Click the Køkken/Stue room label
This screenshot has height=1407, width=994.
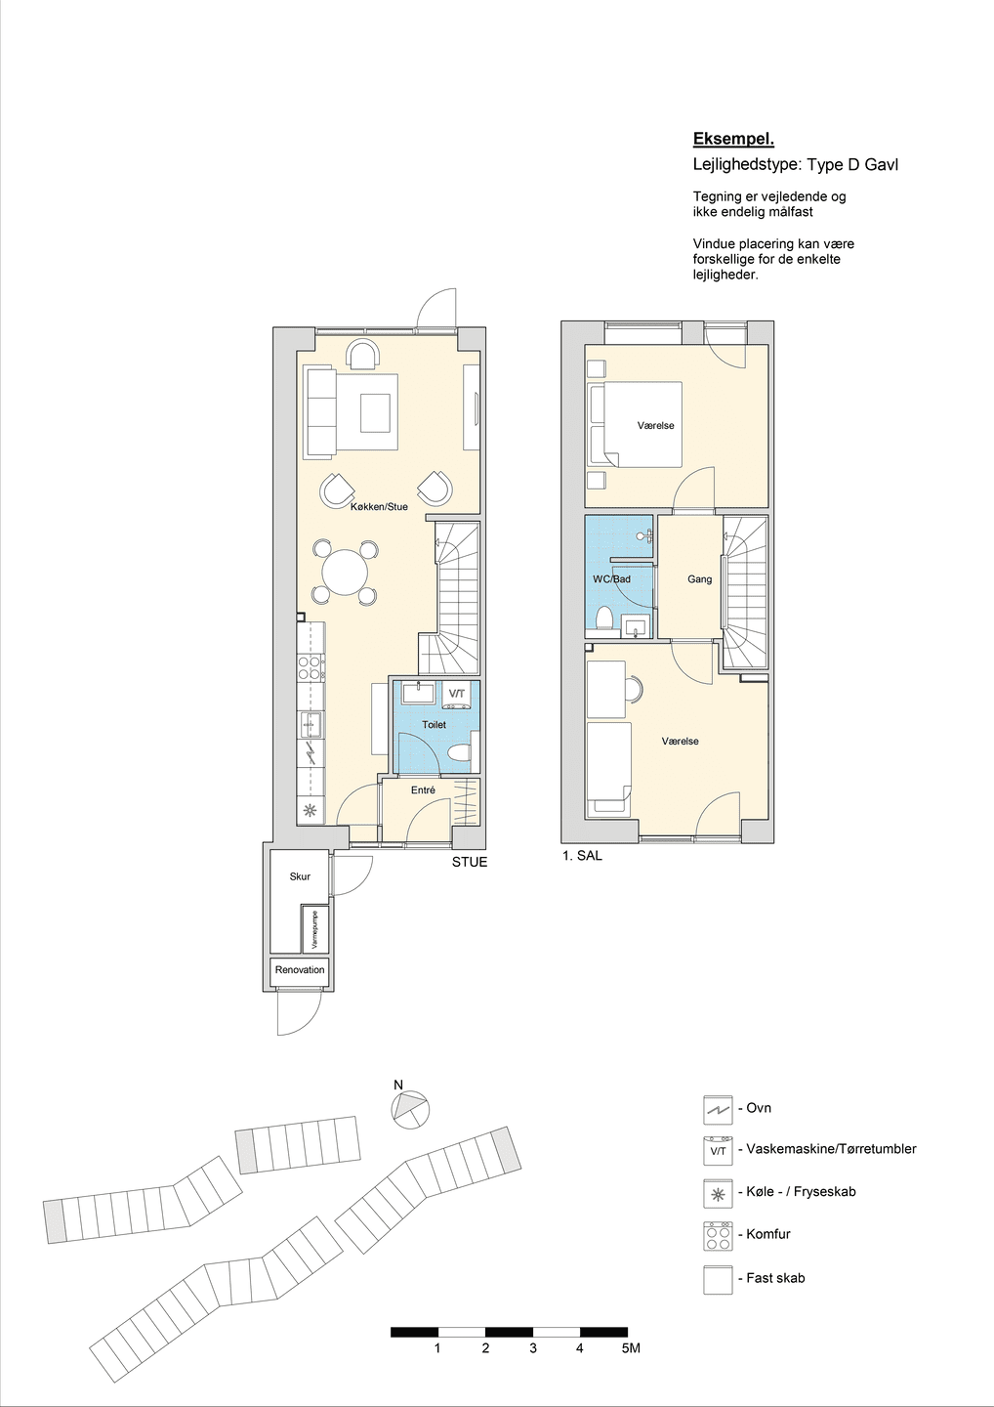[x=379, y=506]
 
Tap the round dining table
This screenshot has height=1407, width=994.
[x=345, y=573]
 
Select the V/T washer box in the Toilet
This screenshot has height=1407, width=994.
[x=458, y=695]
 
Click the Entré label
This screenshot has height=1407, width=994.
[x=423, y=790]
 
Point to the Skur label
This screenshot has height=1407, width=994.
[x=300, y=876]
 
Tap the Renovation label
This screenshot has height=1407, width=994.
[x=300, y=969]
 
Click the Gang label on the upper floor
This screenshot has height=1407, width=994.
[x=700, y=579]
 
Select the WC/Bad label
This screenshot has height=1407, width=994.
[x=612, y=578]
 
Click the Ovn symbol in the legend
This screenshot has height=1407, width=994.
[x=718, y=1109]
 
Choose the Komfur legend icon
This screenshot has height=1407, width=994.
[x=718, y=1235]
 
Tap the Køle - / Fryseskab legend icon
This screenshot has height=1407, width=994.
[x=718, y=1192]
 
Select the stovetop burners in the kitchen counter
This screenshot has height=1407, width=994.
[x=311, y=667]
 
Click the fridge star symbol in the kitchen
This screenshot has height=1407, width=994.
[x=310, y=810]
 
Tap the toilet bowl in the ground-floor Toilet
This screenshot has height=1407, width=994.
[x=461, y=752]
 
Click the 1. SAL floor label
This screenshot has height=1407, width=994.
[x=582, y=855]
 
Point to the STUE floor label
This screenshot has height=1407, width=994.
[x=470, y=862]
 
